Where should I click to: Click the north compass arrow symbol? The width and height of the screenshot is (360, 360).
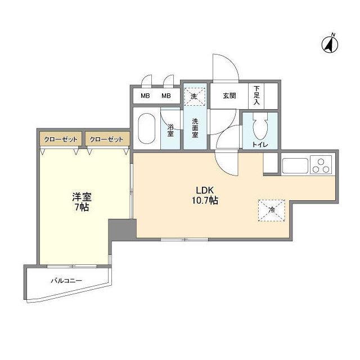click(x=329, y=43)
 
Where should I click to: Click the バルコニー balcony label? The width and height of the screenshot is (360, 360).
click(x=66, y=280)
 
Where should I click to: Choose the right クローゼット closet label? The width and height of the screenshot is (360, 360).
click(x=106, y=138)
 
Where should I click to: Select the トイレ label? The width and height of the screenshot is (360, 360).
click(x=260, y=145)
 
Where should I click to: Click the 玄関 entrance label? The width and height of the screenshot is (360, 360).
click(x=229, y=96)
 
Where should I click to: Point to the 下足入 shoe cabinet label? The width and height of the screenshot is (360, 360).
click(x=256, y=96)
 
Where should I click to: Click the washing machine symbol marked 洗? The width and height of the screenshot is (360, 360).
click(x=194, y=96)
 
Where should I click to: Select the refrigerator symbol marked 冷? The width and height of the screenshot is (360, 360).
click(x=272, y=210)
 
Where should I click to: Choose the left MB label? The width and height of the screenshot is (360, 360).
click(x=145, y=96)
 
